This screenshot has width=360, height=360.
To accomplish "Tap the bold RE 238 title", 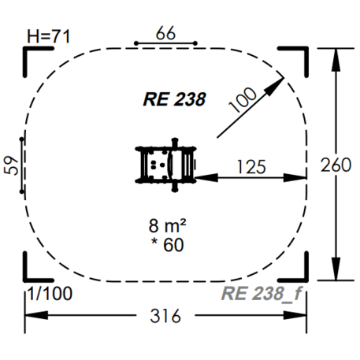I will [x=174, y=99].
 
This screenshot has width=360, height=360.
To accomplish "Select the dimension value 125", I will [x=250, y=166].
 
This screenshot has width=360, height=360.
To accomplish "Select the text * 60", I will [x=165, y=244].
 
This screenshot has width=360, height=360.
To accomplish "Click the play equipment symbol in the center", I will [x=166, y=164].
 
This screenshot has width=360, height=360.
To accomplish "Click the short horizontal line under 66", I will [x=165, y=43].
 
